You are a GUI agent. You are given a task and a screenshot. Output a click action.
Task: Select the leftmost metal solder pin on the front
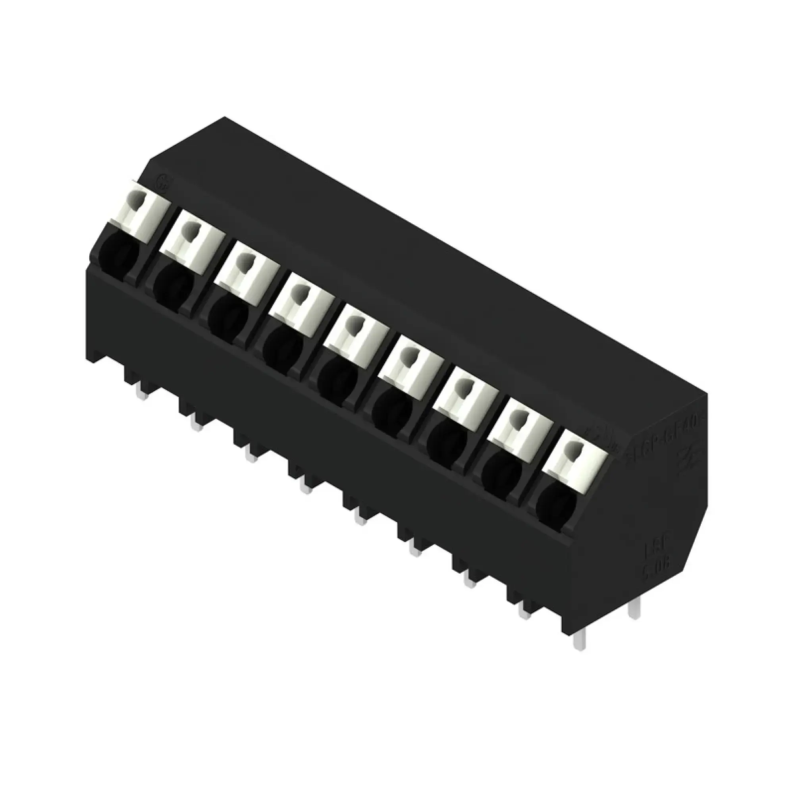[x=143, y=395]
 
